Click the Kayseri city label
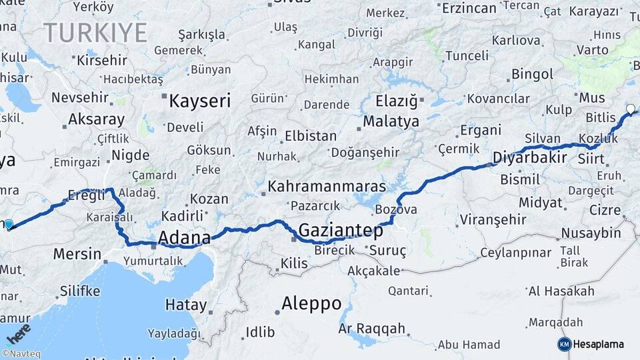click(199, 101)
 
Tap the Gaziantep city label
click(341, 231)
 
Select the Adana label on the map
click(184, 237)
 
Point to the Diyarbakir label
click(529, 158)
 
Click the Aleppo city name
click(311, 304)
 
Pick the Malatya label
click(391, 121)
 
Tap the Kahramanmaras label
click(327, 186)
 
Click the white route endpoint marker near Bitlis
click(630, 109)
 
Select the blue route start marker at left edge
click(8, 225)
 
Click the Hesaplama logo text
click(598, 344)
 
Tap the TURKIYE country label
click(95, 32)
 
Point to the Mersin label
click(77, 254)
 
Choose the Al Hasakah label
click(561, 291)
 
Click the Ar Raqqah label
click(372, 328)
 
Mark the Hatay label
click(186, 305)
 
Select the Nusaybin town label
click(591, 233)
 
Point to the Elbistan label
click(310, 136)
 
